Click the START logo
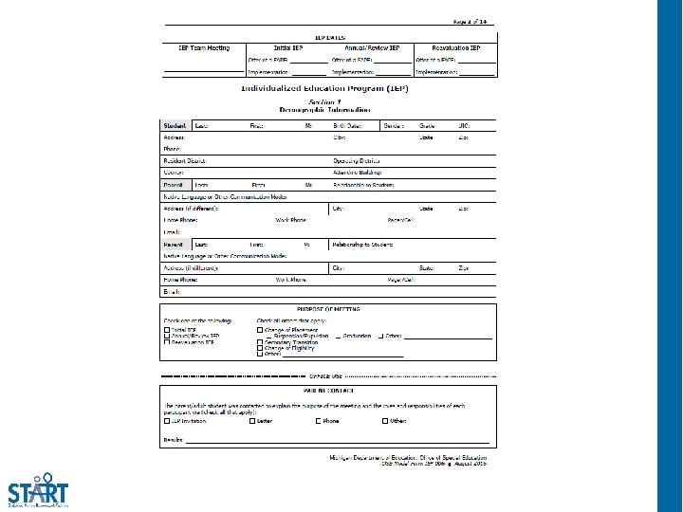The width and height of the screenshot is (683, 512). pyautogui.click(x=38, y=489)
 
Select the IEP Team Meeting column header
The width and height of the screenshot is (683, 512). pyautogui.click(x=204, y=47)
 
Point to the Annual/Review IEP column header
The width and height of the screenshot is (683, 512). pyautogui.click(x=371, y=47)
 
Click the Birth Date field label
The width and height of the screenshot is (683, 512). pyautogui.click(x=347, y=126)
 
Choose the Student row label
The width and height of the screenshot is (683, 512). pyautogui.click(x=175, y=126)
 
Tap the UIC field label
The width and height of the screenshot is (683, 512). pyautogui.click(x=464, y=126)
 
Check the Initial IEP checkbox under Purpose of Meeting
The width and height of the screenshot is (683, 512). pyautogui.click(x=167, y=330)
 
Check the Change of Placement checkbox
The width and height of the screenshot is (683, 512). pyautogui.click(x=260, y=330)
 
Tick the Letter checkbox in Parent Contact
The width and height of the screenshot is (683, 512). pyautogui.click(x=252, y=421)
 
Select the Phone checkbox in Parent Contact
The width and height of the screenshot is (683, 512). pyautogui.click(x=318, y=421)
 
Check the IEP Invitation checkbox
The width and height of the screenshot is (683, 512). pyautogui.click(x=167, y=421)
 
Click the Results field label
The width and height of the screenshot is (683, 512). pyautogui.click(x=174, y=440)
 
